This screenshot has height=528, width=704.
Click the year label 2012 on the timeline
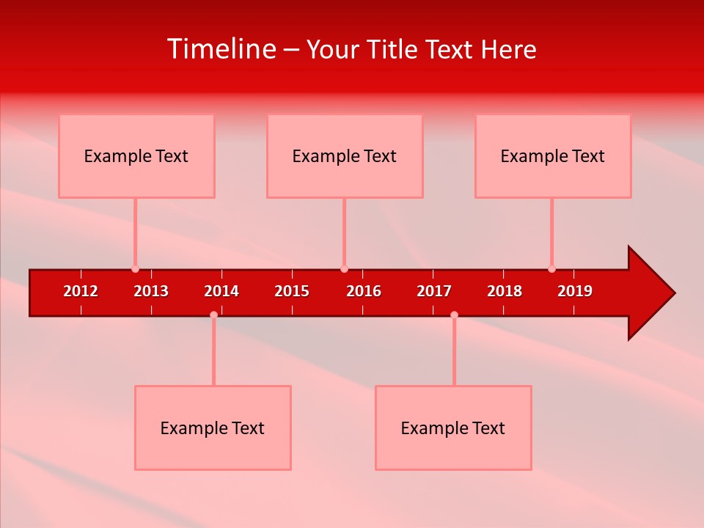pyautogui.click(x=81, y=291)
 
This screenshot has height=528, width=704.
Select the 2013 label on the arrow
pyautogui.click(x=151, y=291)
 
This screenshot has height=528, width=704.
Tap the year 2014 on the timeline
pyautogui.click(x=221, y=291)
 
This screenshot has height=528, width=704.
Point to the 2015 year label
pyautogui.click(x=292, y=291)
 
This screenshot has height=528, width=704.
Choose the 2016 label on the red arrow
pyautogui.click(x=364, y=291)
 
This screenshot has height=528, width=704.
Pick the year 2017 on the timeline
pyautogui.click(x=434, y=291)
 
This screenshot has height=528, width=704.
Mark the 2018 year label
pyautogui.click(x=505, y=291)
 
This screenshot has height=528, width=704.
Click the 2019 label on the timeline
pyautogui.click(x=575, y=291)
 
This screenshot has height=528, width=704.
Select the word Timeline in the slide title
pyautogui.click(x=221, y=49)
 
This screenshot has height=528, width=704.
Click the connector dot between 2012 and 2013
pyautogui.click(x=135, y=269)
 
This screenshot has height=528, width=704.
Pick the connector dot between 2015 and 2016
pyautogui.click(x=344, y=269)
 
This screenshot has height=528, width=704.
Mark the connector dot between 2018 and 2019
pyautogui.click(x=551, y=269)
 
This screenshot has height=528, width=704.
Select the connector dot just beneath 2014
pyautogui.click(x=213, y=315)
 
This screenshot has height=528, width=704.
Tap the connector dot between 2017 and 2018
pyautogui.click(x=454, y=315)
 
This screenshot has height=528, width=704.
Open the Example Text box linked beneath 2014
pyautogui.click(x=213, y=428)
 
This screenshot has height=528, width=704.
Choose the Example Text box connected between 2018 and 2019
pyautogui.click(x=553, y=155)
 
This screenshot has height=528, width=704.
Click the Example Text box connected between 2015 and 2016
pyautogui.click(x=345, y=155)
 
